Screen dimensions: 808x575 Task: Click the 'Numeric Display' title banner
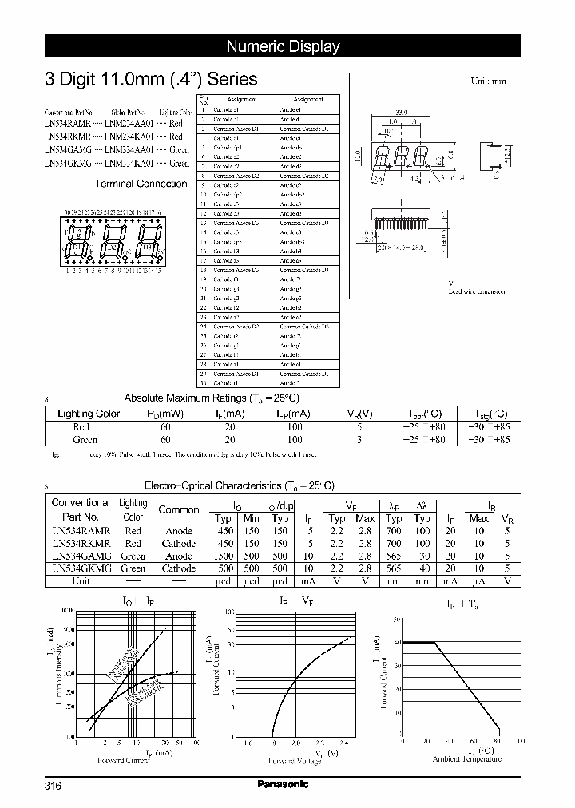pyautogui.click(x=283, y=46)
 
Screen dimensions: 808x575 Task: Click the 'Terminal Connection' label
pyautogui.click(x=141, y=184)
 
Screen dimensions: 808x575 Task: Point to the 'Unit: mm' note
pyautogui.click(x=488, y=81)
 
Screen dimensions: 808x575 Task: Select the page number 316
pyautogui.click(x=53, y=786)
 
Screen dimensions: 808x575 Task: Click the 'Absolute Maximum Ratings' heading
pyautogui.click(x=211, y=398)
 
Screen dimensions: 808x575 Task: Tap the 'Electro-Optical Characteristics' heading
pyautogui.click(x=239, y=485)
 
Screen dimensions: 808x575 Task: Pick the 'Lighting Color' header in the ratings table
pyautogui.click(x=89, y=414)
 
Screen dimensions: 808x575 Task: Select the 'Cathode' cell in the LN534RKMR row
pyautogui.click(x=179, y=543)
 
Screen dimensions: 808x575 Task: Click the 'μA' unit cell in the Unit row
pyautogui.click(x=479, y=581)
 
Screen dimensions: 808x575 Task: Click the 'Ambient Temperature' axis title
pyautogui.click(x=467, y=759)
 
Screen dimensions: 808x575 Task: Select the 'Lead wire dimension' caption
pyautogui.click(x=476, y=291)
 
